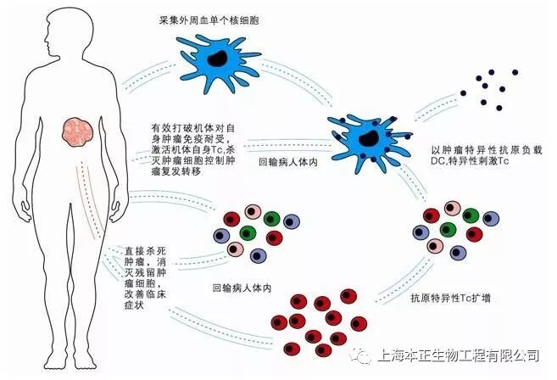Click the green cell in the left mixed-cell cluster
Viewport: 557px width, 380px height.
click(248, 232)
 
